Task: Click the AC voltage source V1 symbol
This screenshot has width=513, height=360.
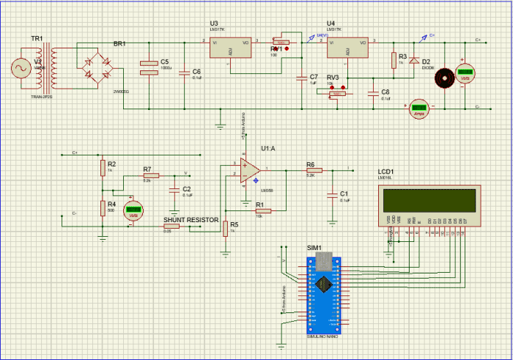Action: click(18, 68)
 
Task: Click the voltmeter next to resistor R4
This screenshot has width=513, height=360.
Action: click(133, 211)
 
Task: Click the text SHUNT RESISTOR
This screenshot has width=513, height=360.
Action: click(190, 219)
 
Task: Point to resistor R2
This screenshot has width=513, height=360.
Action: click(103, 169)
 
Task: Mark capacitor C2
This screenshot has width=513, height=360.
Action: click(174, 191)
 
